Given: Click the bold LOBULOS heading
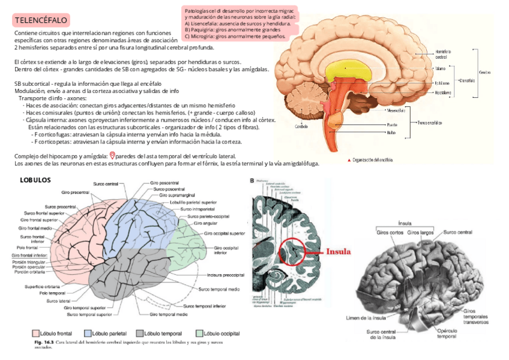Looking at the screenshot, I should pyautogui.click(x=35, y=179).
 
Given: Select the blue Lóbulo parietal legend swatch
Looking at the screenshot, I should pyautogui.click(x=87, y=333).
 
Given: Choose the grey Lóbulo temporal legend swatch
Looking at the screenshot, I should pyautogui.click(x=140, y=333).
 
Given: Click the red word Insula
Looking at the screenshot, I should pyautogui.click(x=338, y=252).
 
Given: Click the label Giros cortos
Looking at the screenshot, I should pyautogui.click(x=390, y=232).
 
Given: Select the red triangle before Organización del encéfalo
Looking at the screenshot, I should pyautogui.click(x=349, y=160).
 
